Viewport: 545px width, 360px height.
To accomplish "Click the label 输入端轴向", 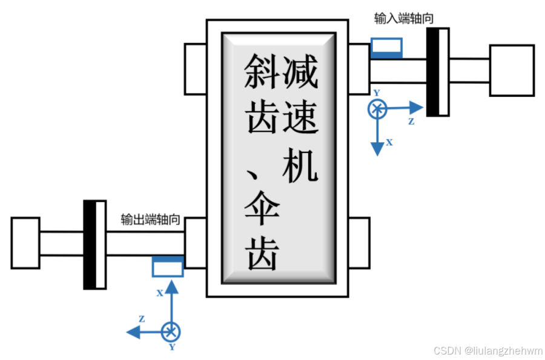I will [x=403, y=19].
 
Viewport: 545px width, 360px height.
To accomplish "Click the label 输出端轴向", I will [x=151, y=219].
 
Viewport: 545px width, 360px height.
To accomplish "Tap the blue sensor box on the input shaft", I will [x=386, y=48].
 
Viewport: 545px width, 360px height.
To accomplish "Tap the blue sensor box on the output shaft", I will [x=167, y=266].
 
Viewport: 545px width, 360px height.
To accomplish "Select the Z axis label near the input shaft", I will [x=411, y=121].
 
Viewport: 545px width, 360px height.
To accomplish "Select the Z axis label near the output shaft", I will [x=141, y=318].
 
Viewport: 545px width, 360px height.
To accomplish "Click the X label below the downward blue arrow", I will [x=389, y=143].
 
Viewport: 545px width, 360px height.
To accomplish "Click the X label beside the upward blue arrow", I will [x=160, y=293].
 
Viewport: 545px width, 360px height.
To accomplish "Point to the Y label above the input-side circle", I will [x=377, y=93].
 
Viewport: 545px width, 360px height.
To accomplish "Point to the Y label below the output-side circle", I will [x=172, y=347].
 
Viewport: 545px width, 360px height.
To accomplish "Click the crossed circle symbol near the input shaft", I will [x=377, y=109].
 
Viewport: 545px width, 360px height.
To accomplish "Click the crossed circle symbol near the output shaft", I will [x=172, y=331].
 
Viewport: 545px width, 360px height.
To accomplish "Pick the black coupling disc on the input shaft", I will [x=433, y=71].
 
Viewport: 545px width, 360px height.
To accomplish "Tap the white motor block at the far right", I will [x=512, y=70].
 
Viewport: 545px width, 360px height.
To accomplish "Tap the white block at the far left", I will [x=25, y=243].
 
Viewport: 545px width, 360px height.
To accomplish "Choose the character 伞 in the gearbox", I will [x=261, y=208].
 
